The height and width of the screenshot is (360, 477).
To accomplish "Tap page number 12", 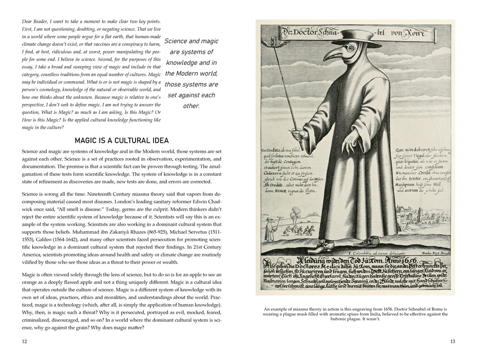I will pyautogui.click(x=25, y=341).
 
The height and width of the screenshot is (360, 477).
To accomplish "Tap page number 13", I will pyautogui.click(x=452, y=341).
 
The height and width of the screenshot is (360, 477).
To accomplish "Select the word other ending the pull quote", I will pyautogui.click(x=191, y=106).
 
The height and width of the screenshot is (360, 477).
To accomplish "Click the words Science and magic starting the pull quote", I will pyautogui.click(x=191, y=41).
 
